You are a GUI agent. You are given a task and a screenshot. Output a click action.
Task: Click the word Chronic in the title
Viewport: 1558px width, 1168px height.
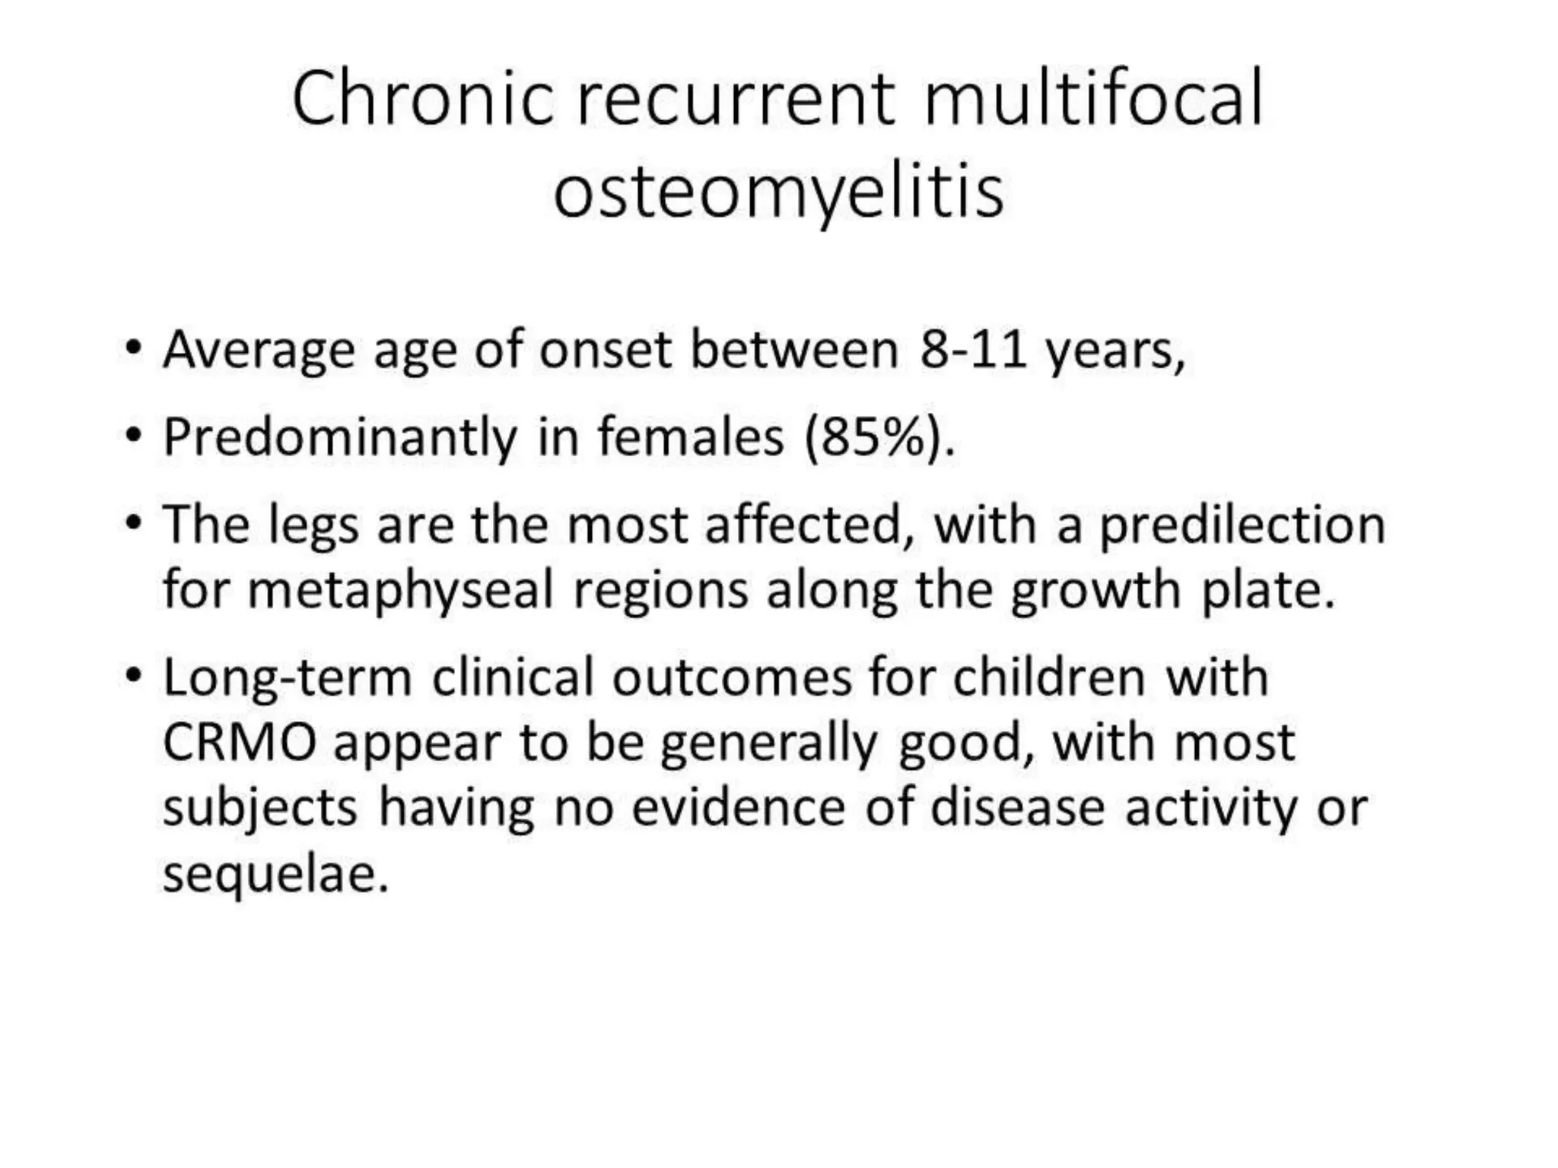click(x=422, y=99)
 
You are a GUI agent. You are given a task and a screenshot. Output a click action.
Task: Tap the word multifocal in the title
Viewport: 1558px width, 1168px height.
click(x=1093, y=99)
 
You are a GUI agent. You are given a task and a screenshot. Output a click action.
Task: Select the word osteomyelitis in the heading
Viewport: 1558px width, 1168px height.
click(x=778, y=192)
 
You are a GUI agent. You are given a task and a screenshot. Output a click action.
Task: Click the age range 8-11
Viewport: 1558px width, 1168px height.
click(x=973, y=351)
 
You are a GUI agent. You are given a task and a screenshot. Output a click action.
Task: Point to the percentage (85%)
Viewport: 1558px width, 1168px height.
click(x=879, y=438)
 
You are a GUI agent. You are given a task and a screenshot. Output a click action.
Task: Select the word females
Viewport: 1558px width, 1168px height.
click(x=690, y=438)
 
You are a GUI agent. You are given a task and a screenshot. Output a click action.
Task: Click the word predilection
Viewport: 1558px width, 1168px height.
click(x=1242, y=526)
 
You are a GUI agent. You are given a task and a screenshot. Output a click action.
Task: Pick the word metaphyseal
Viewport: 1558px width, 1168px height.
click(x=401, y=592)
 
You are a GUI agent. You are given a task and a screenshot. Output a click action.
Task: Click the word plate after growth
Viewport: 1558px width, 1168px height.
click(x=1267, y=592)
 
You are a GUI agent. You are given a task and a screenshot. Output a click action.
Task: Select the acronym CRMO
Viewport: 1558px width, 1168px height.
click(x=240, y=743)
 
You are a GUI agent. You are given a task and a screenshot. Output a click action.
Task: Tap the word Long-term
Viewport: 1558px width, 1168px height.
click(x=287, y=678)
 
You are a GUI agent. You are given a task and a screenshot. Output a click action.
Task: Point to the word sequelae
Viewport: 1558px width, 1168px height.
click(x=275, y=874)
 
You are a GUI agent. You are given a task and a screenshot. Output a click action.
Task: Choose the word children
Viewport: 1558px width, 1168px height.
click(x=1049, y=678)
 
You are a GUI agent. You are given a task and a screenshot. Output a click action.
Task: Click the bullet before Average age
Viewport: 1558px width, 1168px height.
click(x=134, y=349)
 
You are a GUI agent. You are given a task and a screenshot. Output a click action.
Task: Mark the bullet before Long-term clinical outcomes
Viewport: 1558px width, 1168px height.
click(x=134, y=675)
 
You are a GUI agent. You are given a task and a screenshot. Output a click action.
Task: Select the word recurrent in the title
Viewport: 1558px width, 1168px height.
click(x=736, y=99)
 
